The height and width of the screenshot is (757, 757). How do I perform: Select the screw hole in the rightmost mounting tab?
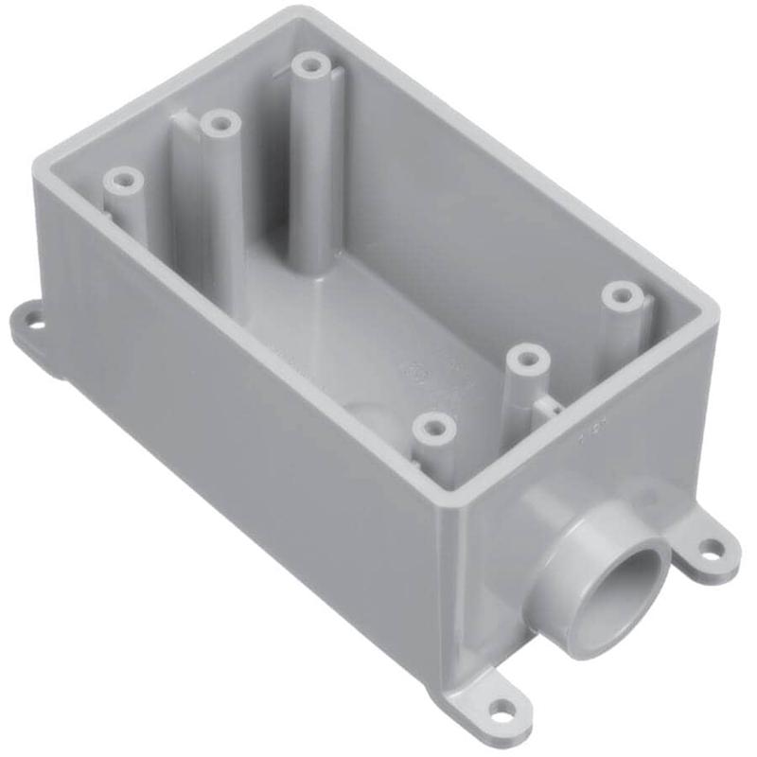click(709, 546)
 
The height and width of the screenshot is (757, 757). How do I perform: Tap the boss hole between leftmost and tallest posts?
click(219, 123)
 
